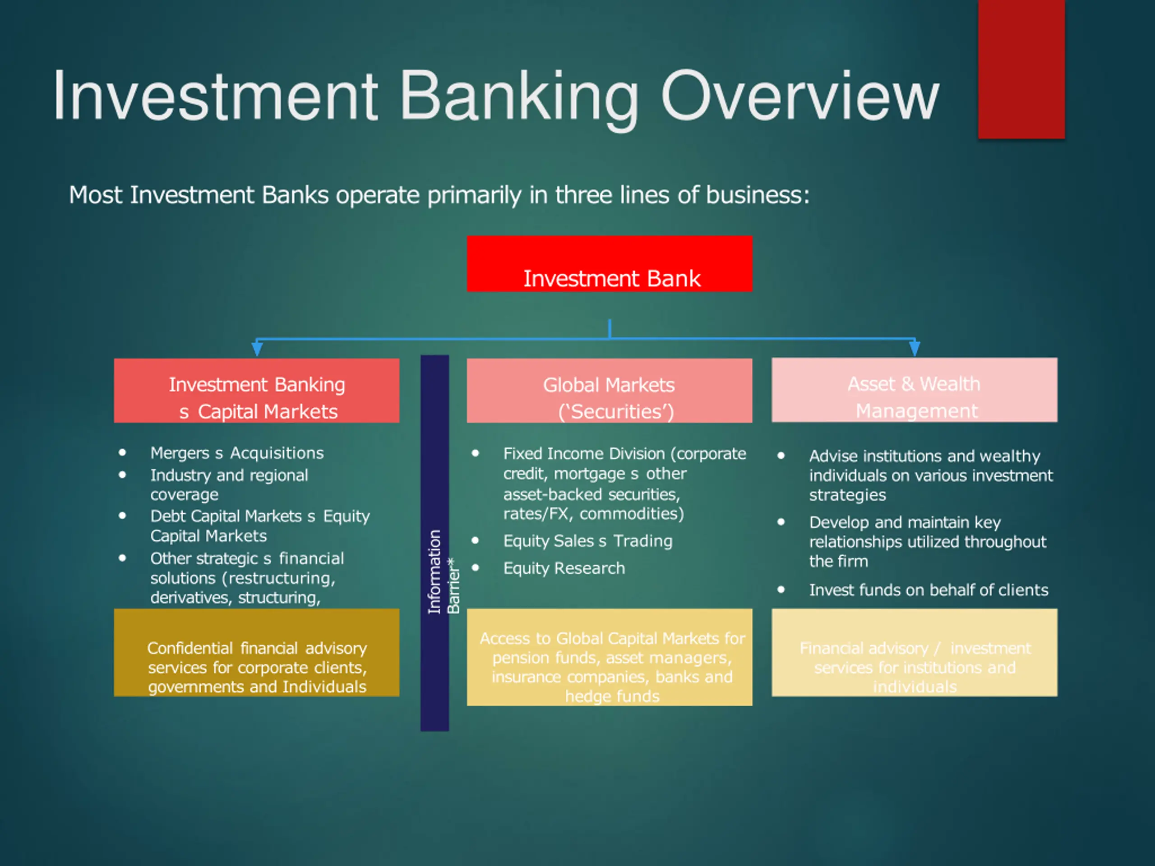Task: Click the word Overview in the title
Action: click(x=800, y=97)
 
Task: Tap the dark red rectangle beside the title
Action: click(x=1021, y=69)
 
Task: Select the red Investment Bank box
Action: click(x=610, y=263)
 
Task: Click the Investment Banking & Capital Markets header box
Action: click(x=256, y=391)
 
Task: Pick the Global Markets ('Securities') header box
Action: click(x=610, y=391)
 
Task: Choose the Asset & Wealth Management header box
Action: click(x=914, y=390)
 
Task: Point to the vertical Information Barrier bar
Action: click(x=434, y=543)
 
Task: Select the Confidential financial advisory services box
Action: click(x=256, y=653)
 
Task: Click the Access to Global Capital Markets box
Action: click(x=610, y=657)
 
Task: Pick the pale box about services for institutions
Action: click(x=914, y=653)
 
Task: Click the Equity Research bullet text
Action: click(x=564, y=568)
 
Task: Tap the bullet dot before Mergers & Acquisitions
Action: click(x=123, y=452)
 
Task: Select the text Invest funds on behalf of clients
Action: click(x=929, y=590)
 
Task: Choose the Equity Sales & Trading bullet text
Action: click(x=587, y=541)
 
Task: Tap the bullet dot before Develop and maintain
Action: click(x=781, y=522)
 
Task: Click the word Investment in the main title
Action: click(x=215, y=97)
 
